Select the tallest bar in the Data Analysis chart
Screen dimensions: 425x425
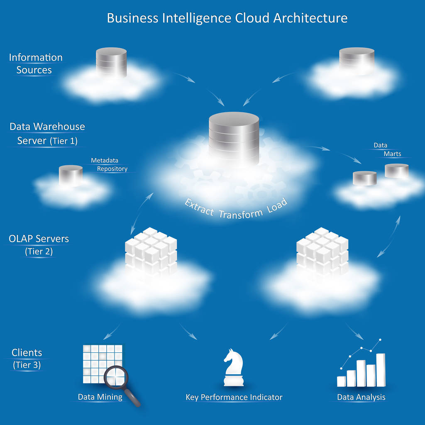[x=381, y=369]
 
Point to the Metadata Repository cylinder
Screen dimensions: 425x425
[x=71, y=175]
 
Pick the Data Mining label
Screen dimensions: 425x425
[x=100, y=397]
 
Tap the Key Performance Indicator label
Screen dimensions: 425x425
[x=234, y=398]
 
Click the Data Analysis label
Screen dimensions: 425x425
[x=361, y=398]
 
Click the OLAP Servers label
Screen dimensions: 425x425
[x=39, y=239]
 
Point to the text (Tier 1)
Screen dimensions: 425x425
[x=64, y=141]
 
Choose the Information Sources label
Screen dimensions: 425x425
[x=36, y=64]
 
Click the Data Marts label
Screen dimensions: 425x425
[x=387, y=149]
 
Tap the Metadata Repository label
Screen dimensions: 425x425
[x=109, y=164]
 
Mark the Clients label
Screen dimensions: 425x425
[x=27, y=353]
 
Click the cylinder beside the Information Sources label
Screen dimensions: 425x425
[x=111, y=62]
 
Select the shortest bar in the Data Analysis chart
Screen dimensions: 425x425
[x=342, y=381]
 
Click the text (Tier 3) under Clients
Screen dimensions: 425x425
[x=27, y=365]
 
